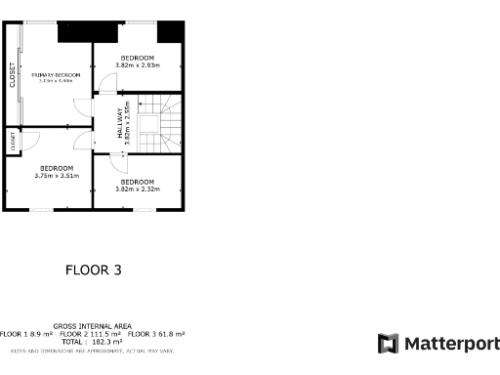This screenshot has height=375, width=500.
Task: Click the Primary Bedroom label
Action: click(x=54, y=74)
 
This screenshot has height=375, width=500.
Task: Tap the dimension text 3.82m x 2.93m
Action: click(x=137, y=65)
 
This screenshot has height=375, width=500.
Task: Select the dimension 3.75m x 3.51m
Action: click(x=57, y=176)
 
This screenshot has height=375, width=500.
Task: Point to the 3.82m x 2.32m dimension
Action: click(x=137, y=189)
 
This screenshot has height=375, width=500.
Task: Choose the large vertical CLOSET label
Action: click(x=13, y=76)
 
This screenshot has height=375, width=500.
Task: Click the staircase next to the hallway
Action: click(x=160, y=122)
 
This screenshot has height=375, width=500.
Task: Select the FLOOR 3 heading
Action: click(x=94, y=270)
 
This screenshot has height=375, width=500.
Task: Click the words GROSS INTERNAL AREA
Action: click(x=93, y=325)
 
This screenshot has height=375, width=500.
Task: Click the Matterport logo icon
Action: click(x=388, y=343)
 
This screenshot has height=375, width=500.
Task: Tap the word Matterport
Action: click(x=451, y=343)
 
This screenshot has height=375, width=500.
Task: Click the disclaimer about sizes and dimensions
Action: click(x=92, y=350)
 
